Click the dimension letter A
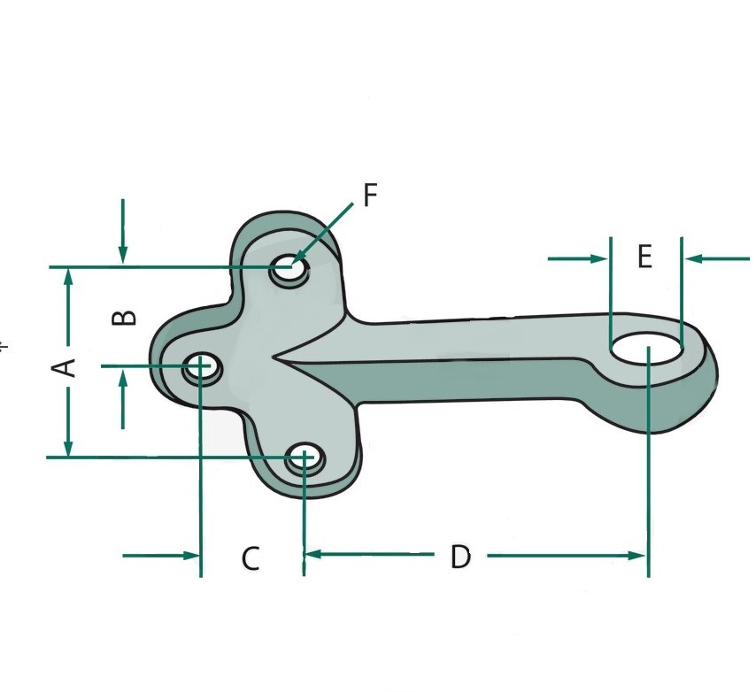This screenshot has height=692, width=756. [63, 368]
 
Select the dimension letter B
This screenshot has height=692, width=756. [124, 318]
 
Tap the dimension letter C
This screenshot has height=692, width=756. [251, 558]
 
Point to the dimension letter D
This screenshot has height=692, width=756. [460, 557]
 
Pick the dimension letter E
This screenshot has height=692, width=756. [644, 257]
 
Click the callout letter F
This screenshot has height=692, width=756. [370, 196]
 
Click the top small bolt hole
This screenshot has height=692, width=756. [289, 269]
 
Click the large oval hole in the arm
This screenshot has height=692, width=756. [646, 348]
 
